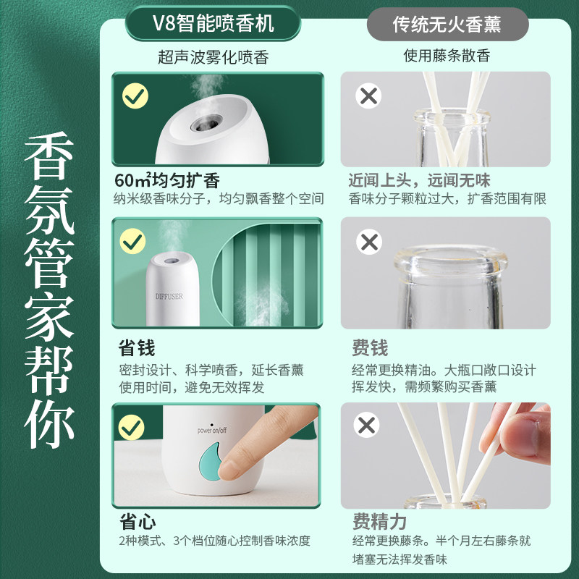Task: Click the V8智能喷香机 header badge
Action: pos(213,24)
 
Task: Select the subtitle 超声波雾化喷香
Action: pos(213,57)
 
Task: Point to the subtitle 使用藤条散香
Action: pos(447,56)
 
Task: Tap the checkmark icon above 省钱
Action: pos(133,240)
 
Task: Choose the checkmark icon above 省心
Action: pos(133,427)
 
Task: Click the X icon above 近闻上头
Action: pos(369,96)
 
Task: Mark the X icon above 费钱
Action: pos(369,241)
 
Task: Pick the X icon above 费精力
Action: pos(367,425)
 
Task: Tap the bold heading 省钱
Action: pos(136,349)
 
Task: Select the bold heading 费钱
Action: pos(370,349)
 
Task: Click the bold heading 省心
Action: pos(136,522)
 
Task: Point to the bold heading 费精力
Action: pos(379,522)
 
